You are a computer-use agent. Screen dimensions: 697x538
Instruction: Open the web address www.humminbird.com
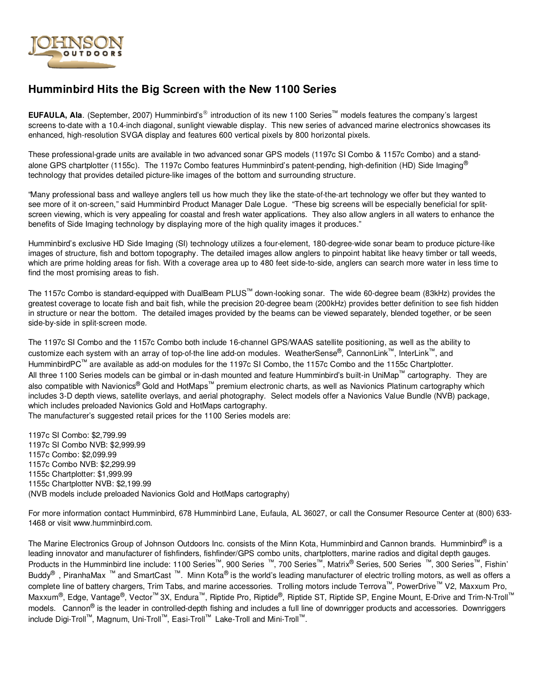[x=112, y=523]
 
